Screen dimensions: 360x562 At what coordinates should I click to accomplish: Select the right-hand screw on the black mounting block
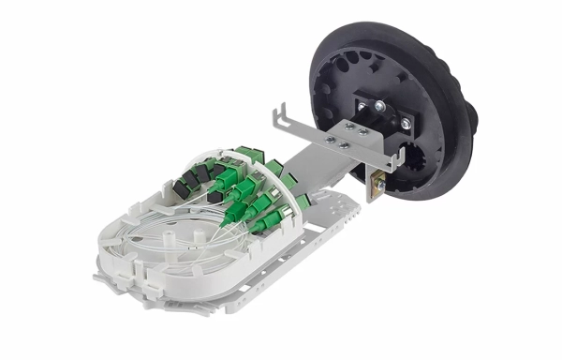pyautogui.click(x=406, y=122)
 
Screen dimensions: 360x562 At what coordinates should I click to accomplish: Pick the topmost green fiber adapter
pyautogui.click(x=249, y=156)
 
